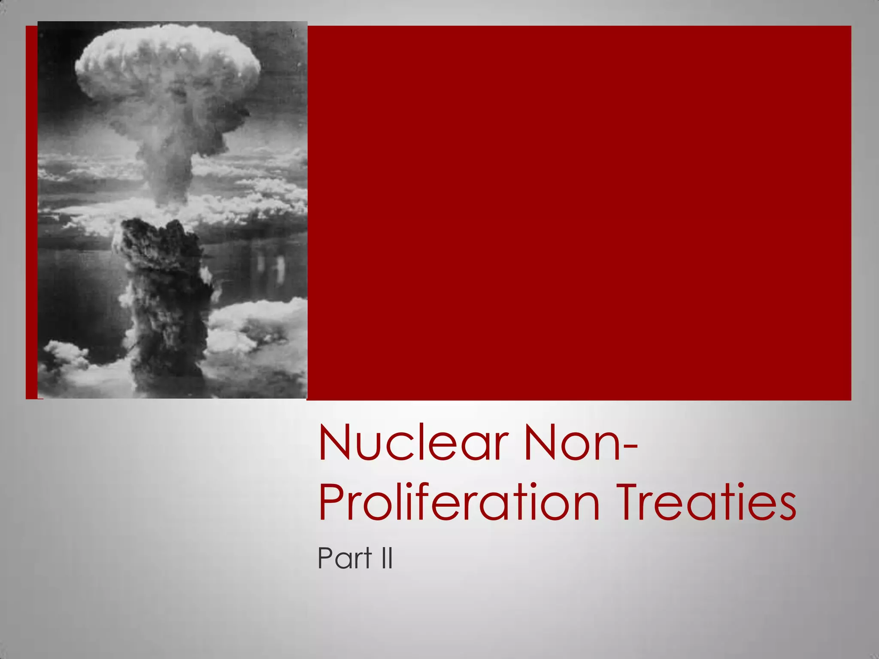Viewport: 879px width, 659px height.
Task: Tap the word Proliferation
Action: click(x=459, y=502)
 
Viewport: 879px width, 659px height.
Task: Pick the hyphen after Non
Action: click(x=629, y=448)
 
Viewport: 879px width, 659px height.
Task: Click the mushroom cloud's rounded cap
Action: click(x=167, y=64)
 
